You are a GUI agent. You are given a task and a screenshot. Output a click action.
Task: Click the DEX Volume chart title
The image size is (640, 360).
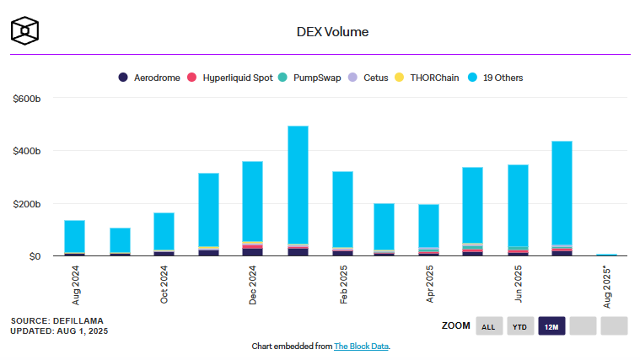320,32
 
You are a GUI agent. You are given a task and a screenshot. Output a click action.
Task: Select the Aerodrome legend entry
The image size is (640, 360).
149,78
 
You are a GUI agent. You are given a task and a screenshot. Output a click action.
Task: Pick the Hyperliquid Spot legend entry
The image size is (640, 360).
232,78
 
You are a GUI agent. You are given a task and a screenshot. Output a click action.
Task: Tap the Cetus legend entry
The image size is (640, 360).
369,78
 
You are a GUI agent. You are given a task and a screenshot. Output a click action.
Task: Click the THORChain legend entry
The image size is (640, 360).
428,78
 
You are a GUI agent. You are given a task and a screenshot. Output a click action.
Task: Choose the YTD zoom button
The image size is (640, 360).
519,326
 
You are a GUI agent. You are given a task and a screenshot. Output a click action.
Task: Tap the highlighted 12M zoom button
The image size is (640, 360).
551,326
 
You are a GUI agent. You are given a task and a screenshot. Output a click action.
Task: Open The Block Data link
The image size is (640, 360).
361,347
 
